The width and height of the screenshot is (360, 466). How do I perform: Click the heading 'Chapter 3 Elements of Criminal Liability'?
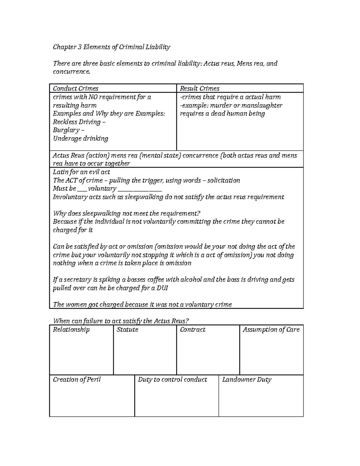[x=111, y=47]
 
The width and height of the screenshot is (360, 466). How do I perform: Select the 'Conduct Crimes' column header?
[x=76, y=89]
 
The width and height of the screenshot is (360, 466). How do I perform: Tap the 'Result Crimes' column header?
[x=199, y=89]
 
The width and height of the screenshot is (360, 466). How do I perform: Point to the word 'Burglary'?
[x=66, y=130]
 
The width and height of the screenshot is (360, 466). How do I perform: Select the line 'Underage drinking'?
[x=80, y=138]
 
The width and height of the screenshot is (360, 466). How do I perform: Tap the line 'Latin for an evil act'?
[x=81, y=172]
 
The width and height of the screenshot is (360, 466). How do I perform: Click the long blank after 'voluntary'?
[x=140, y=189]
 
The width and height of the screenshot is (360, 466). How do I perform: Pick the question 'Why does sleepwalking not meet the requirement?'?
[x=126, y=213]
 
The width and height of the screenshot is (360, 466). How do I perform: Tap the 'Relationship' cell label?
[x=71, y=329]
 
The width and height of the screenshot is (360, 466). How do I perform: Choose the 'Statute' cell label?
[x=127, y=329]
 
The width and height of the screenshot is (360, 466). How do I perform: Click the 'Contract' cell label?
[x=193, y=329]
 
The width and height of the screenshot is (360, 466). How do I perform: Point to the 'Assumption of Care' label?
[x=271, y=329]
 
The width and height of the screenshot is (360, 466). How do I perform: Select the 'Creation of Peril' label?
[x=77, y=380]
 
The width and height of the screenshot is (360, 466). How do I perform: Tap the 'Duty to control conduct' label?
[x=172, y=380]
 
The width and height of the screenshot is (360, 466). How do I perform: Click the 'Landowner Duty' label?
[x=247, y=380]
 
